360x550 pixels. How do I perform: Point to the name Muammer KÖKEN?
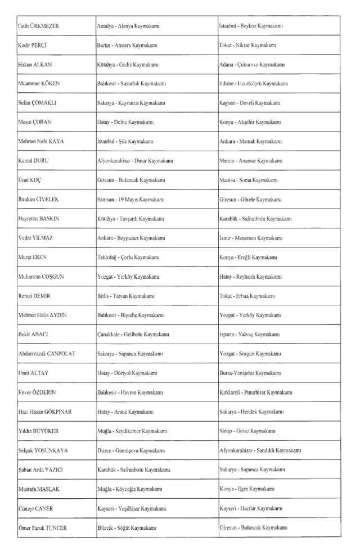pyautogui.click(x=39, y=84)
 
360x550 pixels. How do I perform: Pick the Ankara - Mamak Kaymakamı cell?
pyautogui.click(x=249, y=142)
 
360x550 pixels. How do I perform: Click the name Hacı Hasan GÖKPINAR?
pyautogui.click(x=44, y=412)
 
